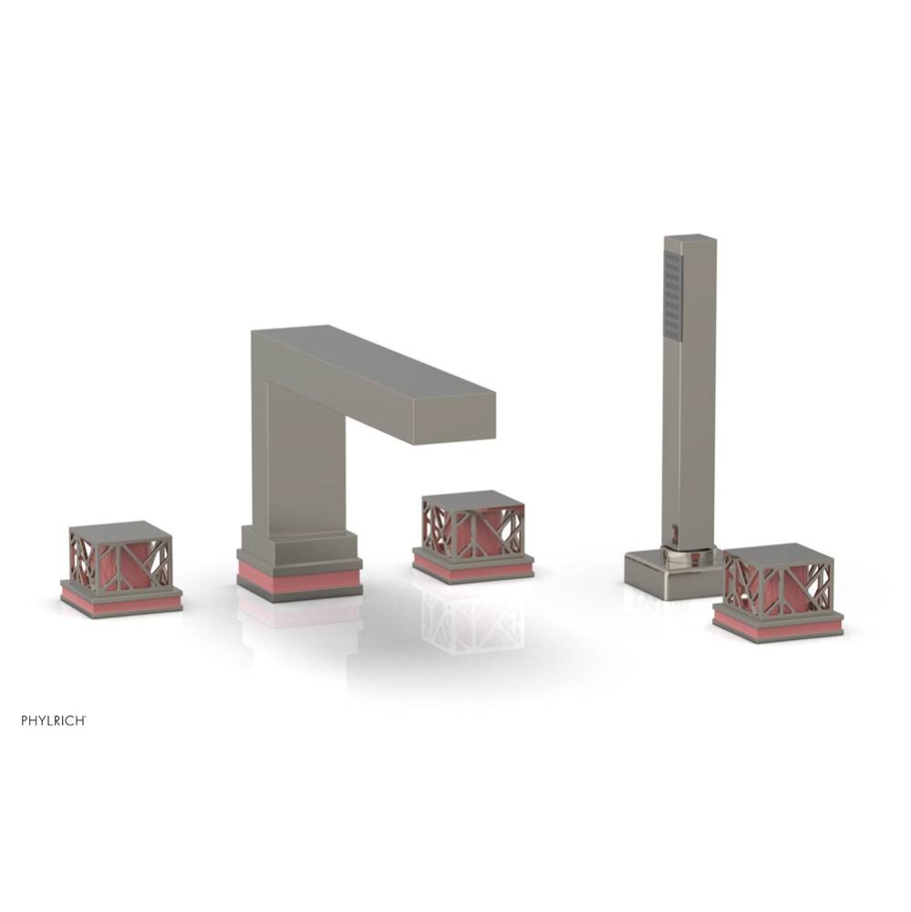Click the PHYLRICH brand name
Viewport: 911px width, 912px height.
click(54, 720)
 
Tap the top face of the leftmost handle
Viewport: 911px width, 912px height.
click(120, 531)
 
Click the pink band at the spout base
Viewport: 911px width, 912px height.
click(299, 577)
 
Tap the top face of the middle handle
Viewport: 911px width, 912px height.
click(472, 500)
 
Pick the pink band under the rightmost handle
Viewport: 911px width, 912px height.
click(777, 625)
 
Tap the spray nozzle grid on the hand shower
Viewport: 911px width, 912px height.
click(673, 295)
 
